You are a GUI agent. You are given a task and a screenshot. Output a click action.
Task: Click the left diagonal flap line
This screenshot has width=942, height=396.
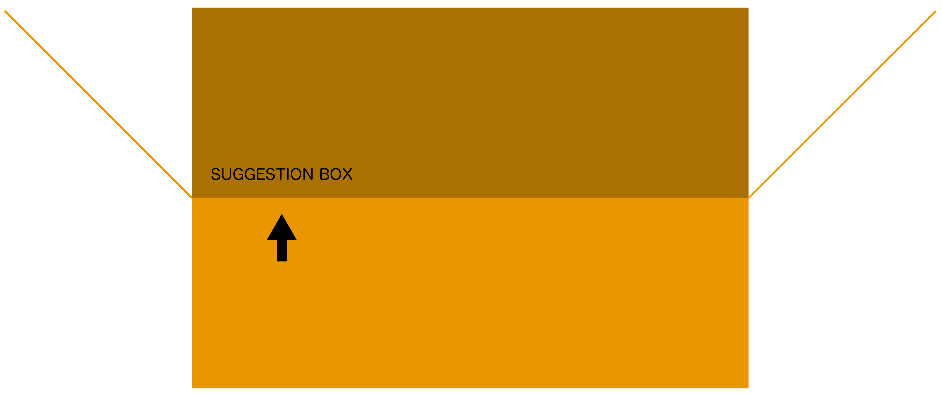pos(98,104)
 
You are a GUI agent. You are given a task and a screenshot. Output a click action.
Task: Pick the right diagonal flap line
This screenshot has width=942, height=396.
pos(842,104)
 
